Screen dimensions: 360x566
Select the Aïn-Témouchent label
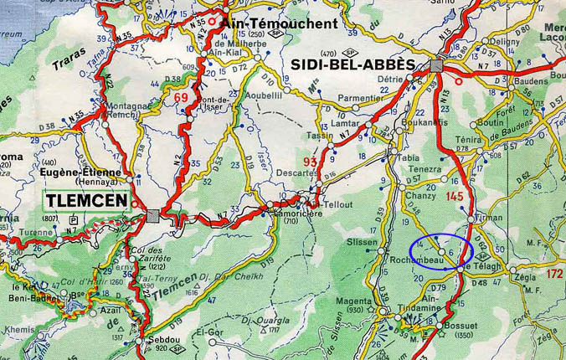click(280, 23)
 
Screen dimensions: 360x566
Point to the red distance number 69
click(181, 97)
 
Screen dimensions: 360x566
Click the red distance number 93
click(311, 162)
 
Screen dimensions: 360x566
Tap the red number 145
click(455, 196)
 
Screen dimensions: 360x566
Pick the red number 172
click(553, 273)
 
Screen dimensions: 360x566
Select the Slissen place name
click(362, 241)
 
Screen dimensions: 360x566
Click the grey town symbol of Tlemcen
click(153, 215)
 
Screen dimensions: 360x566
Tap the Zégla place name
click(525, 274)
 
